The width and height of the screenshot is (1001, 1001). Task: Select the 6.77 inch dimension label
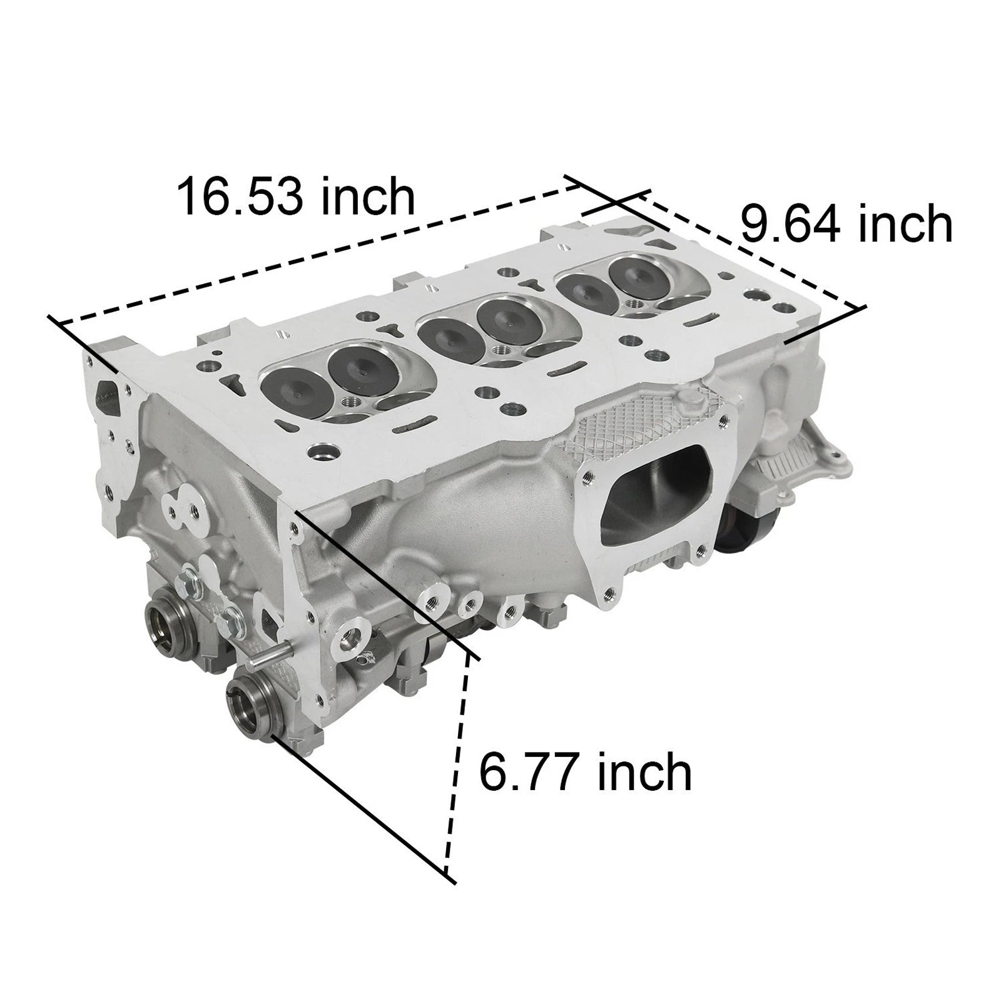click(586, 772)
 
